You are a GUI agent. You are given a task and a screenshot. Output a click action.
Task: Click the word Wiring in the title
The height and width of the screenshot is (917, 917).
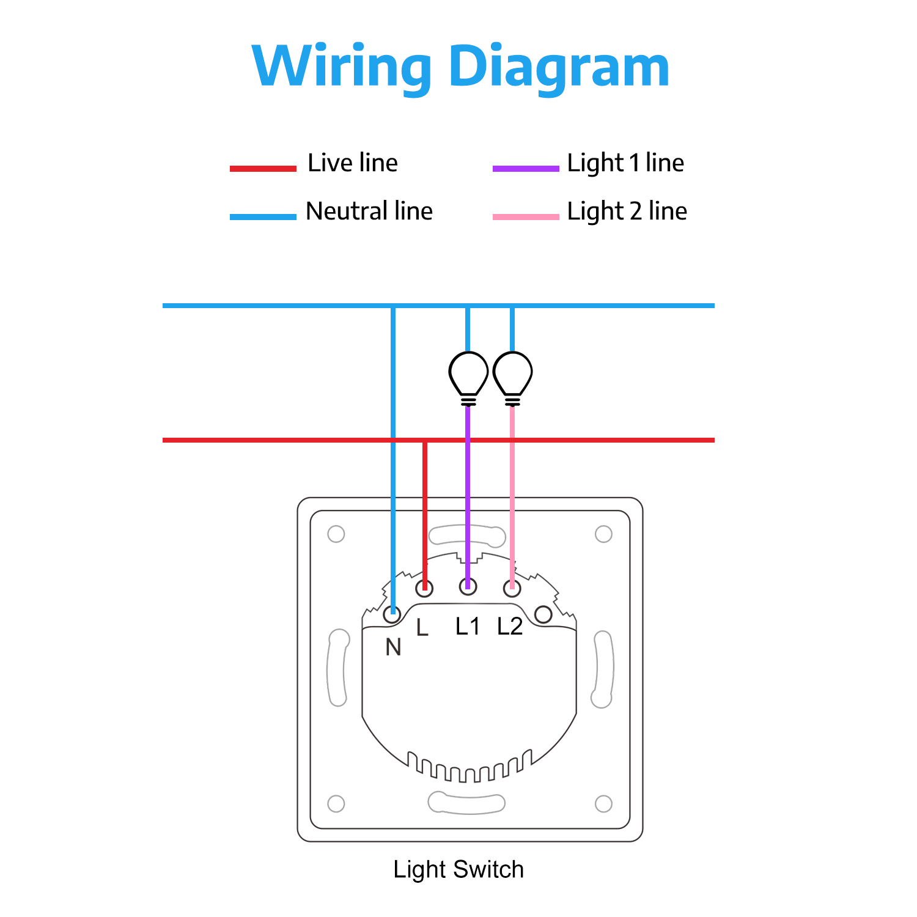pyautogui.click(x=342, y=66)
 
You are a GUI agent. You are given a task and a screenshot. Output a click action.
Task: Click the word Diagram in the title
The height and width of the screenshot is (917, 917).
pyautogui.click(x=559, y=66)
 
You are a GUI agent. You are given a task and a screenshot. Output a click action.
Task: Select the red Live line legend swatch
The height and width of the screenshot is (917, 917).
pyautogui.click(x=263, y=168)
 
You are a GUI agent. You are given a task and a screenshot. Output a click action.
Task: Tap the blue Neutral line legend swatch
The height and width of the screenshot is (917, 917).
pyautogui.click(x=263, y=216)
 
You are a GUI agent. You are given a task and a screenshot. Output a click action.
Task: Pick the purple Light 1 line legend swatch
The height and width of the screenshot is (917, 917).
pyautogui.click(x=526, y=168)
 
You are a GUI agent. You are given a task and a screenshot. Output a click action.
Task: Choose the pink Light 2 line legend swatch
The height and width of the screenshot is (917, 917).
pyautogui.click(x=526, y=216)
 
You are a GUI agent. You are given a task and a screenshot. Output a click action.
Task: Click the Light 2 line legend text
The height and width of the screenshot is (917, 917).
pyautogui.click(x=627, y=212)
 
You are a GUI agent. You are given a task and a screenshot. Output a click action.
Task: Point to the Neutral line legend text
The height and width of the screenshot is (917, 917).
pyautogui.click(x=369, y=212)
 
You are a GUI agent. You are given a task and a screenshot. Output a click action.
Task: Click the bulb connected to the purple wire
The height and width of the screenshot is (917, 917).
pyautogui.click(x=468, y=374)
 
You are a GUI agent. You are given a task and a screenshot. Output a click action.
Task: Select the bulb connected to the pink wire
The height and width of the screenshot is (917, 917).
pyautogui.click(x=513, y=374)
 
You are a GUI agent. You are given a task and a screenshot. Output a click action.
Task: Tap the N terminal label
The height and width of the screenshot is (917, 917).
pyautogui.click(x=393, y=647)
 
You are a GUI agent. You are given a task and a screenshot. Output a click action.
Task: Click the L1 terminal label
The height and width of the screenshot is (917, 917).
pyautogui.click(x=468, y=627)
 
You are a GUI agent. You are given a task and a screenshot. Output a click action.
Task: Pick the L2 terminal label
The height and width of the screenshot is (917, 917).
pyautogui.click(x=510, y=627)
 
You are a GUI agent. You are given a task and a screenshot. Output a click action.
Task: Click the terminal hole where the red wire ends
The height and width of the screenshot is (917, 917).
pyautogui.click(x=424, y=589)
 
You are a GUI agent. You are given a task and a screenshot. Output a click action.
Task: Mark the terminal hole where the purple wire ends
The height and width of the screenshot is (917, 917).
pyautogui.click(x=468, y=586)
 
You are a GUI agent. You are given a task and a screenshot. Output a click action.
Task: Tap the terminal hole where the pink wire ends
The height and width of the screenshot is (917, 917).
pyautogui.click(x=512, y=589)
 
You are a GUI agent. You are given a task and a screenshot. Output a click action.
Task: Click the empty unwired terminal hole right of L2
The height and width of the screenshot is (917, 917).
pyautogui.click(x=543, y=615)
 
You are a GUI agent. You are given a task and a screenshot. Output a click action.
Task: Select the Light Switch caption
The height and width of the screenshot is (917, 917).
pyautogui.click(x=458, y=869)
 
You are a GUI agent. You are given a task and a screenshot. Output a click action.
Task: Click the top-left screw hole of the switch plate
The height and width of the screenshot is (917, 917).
pyautogui.click(x=336, y=534)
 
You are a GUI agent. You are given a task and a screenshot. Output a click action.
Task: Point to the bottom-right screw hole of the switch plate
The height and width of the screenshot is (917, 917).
pyautogui.click(x=603, y=803)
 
